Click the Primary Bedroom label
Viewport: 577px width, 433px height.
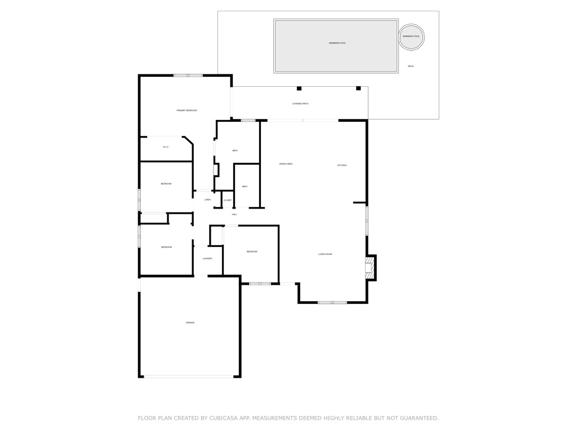(187, 111)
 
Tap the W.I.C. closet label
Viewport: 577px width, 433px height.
(166, 147)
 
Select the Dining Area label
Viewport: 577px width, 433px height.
(286, 164)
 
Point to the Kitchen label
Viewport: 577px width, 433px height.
(342, 165)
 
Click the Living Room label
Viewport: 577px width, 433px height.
(325, 254)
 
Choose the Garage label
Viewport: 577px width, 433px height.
(190, 322)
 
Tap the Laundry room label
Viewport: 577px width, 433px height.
(207, 259)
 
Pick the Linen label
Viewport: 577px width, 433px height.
(207, 200)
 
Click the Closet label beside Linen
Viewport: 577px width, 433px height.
(228, 200)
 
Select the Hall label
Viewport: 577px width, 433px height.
(234, 214)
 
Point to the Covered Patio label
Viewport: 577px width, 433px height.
(300, 104)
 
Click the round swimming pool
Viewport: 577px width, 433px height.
(411, 37)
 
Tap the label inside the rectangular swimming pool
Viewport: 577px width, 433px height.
(337, 43)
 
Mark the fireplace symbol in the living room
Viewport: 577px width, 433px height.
(370, 268)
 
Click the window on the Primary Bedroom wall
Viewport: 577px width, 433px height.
(188, 76)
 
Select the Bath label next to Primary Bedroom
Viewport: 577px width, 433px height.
(235, 151)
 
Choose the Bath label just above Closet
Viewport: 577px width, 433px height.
(245, 187)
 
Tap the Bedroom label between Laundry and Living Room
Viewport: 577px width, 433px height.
(251, 251)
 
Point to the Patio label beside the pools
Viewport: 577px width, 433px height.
(411, 67)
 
